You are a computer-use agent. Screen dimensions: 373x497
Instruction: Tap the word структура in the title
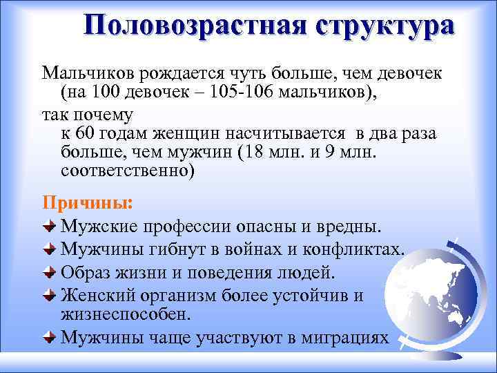[385, 26]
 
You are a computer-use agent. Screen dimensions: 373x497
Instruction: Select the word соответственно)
[128, 171]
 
